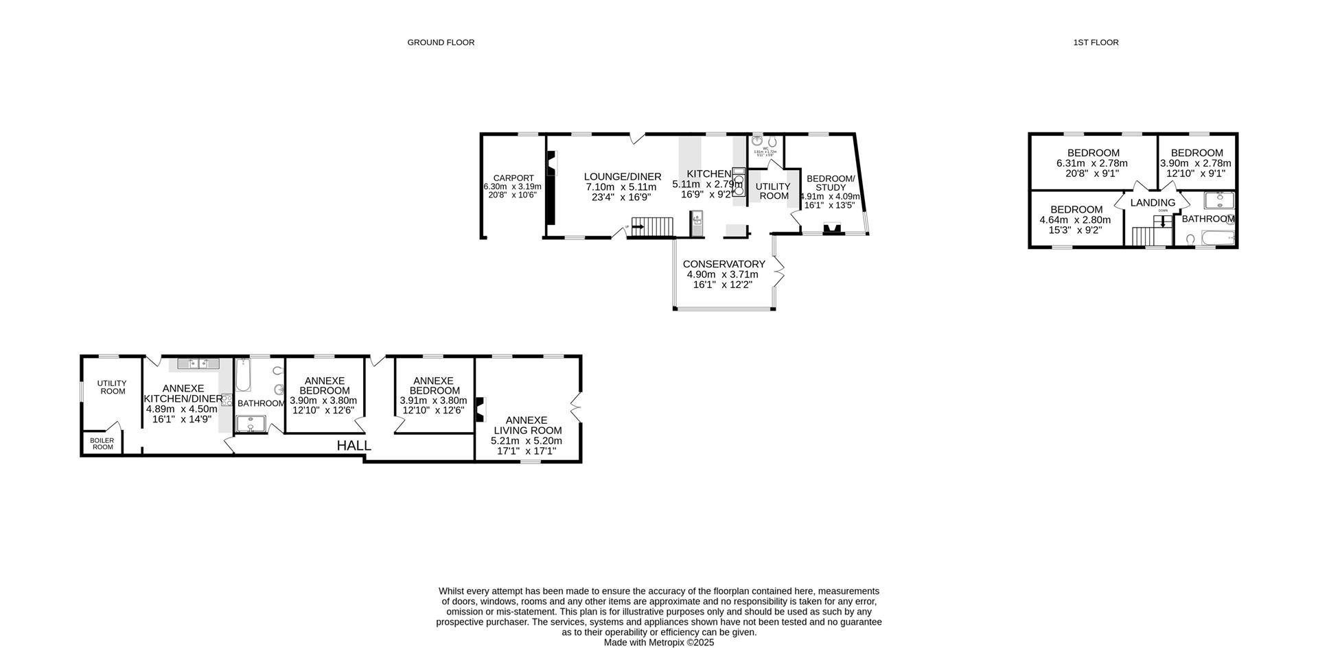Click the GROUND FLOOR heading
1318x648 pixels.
tap(441, 43)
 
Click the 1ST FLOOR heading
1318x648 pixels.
tap(1096, 43)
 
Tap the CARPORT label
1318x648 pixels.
tap(513, 178)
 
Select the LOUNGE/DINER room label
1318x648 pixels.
tap(623, 177)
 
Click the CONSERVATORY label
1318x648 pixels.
tap(724, 264)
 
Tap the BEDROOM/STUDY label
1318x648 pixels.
tap(831, 183)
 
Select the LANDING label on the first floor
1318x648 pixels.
tap(1153, 203)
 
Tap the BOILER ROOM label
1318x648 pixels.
tap(102, 444)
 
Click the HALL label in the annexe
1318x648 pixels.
tap(354, 446)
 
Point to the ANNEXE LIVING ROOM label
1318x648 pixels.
tap(527, 425)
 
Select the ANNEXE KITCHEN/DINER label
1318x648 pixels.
tap(183, 393)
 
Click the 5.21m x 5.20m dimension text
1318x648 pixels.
tap(527, 441)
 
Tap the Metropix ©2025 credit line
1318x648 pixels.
tap(658, 643)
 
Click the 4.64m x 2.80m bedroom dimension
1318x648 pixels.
tap(1075, 220)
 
